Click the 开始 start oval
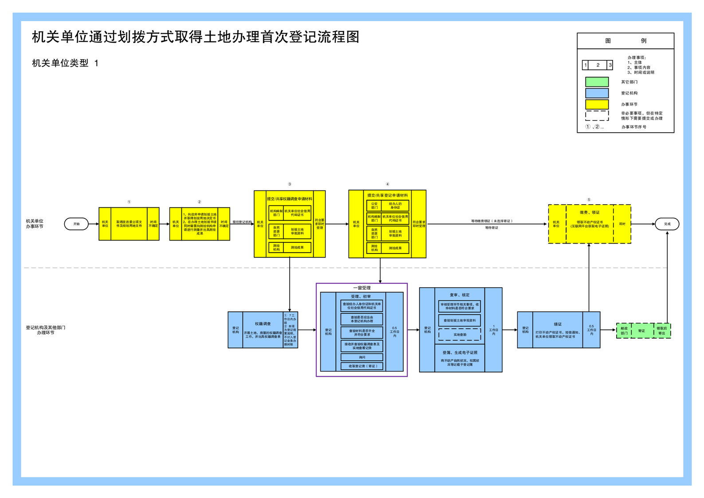click(x=76, y=224)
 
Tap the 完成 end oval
click(x=667, y=224)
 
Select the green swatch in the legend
click(x=597, y=82)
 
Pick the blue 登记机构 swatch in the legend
click(x=597, y=93)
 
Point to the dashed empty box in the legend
click(x=597, y=115)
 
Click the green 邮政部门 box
click(x=624, y=331)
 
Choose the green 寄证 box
click(x=641, y=331)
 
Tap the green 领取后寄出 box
click(x=661, y=331)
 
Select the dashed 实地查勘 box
click(x=460, y=334)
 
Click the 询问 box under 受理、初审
click(x=362, y=357)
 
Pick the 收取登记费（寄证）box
click(x=362, y=366)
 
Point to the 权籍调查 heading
click(x=263, y=324)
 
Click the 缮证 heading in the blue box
click(x=558, y=324)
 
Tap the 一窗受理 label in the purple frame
click(x=362, y=288)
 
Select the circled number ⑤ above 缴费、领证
click(x=589, y=200)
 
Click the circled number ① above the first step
click(x=129, y=202)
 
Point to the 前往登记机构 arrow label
click(x=242, y=221)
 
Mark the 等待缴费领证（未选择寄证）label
click(x=492, y=221)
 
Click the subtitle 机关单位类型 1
click(x=65, y=63)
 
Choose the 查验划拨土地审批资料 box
click(x=460, y=320)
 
